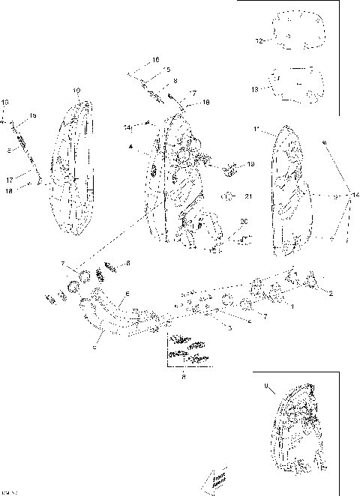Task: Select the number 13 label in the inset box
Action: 255,88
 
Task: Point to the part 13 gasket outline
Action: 295,85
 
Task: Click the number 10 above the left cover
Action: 76,91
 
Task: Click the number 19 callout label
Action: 250,164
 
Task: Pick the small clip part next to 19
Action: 231,166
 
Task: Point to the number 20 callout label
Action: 243,222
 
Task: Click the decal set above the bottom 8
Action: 185,348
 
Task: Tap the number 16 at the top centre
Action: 156,59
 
